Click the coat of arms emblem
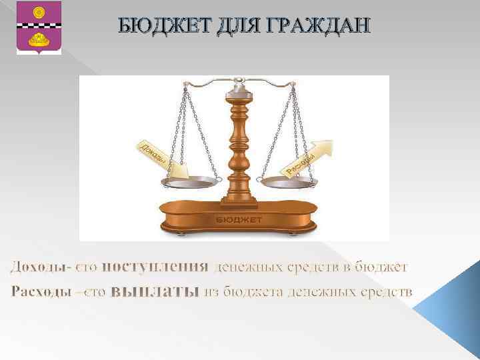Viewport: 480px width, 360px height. tap(39, 27)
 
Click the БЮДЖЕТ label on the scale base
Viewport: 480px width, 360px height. tap(239, 219)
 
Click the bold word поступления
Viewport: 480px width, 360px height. tap(156, 267)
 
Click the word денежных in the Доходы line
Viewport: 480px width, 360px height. tap(245, 267)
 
